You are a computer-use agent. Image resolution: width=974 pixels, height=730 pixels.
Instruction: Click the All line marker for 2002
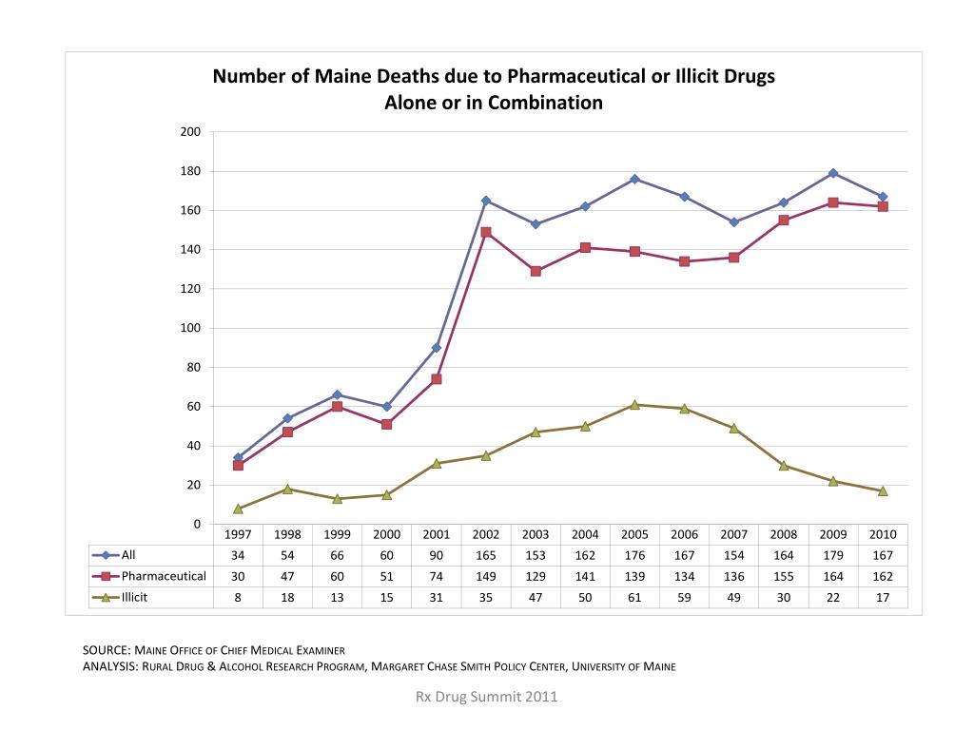point(486,201)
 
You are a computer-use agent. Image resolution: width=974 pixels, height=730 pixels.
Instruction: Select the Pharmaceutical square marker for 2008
point(784,221)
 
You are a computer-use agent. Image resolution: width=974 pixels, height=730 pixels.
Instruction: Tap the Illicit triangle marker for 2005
point(634,405)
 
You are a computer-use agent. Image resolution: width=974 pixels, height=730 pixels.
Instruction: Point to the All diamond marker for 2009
point(833,173)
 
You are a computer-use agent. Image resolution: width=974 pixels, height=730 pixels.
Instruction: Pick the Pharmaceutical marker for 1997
point(238,465)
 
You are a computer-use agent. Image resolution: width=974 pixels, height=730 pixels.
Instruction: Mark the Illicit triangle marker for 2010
point(883,491)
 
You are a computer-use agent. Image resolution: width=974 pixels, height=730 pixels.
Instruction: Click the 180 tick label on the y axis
point(190,171)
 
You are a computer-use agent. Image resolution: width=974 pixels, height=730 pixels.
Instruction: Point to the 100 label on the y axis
point(190,328)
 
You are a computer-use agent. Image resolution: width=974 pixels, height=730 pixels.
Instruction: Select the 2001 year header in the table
point(437,534)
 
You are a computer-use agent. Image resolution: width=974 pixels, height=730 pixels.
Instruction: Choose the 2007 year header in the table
point(734,534)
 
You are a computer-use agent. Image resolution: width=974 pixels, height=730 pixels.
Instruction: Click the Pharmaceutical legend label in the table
point(164,576)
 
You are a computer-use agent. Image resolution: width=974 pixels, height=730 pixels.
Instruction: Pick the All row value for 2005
point(634,555)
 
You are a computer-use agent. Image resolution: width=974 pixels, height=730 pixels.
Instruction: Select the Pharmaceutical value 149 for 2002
point(486,576)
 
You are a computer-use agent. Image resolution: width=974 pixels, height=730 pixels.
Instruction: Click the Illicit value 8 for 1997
point(238,597)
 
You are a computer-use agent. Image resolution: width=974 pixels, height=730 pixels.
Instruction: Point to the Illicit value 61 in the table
point(634,597)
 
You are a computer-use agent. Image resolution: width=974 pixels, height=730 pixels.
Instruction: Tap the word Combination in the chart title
point(545,103)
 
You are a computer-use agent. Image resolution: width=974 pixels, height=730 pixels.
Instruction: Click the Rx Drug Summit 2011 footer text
point(487,697)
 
